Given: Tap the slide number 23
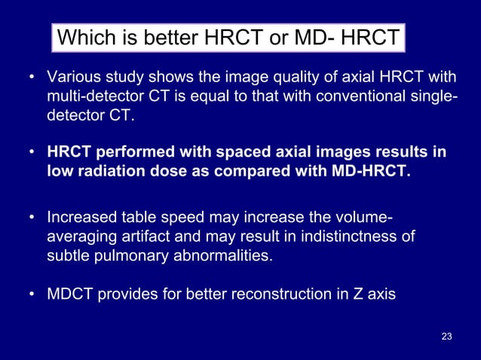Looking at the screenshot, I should [446, 336].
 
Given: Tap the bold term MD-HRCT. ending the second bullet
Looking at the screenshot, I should [372, 172].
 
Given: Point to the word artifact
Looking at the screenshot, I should [135, 239].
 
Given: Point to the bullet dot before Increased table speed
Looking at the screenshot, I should [32, 219].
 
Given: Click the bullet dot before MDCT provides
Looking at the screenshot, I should [32, 295].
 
